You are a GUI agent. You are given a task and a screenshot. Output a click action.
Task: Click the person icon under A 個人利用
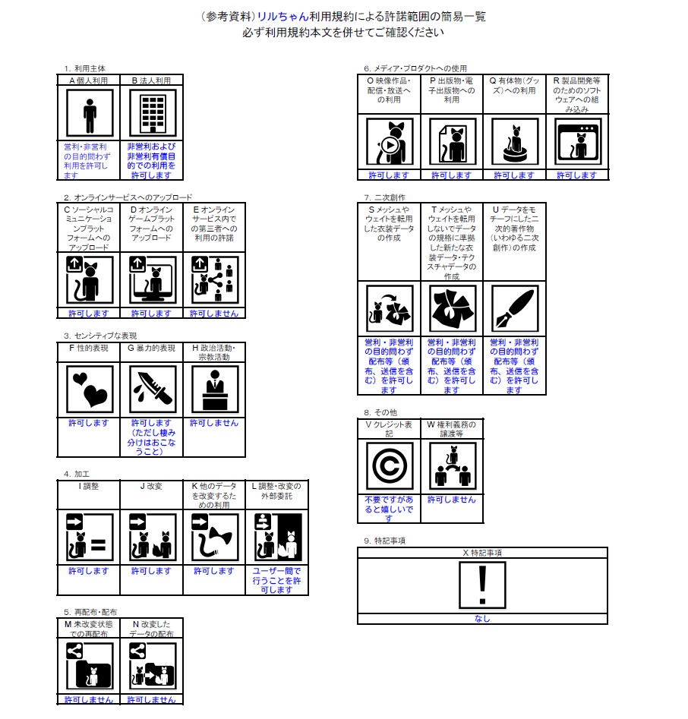[x=90, y=113]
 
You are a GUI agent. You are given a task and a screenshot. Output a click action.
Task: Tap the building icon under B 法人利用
[x=153, y=113]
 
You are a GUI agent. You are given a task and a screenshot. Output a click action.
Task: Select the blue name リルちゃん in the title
[x=282, y=17]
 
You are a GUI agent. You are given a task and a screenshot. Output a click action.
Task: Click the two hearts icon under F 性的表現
[x=90, y=389]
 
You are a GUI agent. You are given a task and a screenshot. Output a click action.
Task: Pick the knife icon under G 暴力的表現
[x=153, y=389]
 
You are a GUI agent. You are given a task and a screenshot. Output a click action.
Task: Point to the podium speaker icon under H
[x=215, y=389]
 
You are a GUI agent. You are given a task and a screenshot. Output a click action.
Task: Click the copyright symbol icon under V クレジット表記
[x=390, y=466]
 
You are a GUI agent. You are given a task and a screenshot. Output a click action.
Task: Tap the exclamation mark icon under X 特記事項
[x=482, y=585]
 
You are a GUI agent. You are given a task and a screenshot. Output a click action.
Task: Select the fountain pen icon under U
[x=515, y=308]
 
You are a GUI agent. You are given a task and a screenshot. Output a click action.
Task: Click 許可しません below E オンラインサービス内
[x=214, y=314]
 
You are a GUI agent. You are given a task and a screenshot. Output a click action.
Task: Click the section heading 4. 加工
[x=77, y=474]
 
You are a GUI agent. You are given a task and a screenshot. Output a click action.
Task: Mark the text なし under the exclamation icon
[x=482, y=619]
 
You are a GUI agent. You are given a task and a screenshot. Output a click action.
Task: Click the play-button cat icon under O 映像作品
[x=390, y=141]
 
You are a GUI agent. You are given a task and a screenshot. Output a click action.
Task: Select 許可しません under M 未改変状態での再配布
[x=89, y=700]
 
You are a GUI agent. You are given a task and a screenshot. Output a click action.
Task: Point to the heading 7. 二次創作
[x=384, y=197]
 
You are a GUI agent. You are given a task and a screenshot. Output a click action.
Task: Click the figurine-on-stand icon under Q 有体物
[x=515, y=141]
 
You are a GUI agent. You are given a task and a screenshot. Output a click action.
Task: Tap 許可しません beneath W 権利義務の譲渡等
[x=451, y=500]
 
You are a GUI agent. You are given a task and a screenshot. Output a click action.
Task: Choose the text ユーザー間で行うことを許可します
[x=276, y=580]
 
